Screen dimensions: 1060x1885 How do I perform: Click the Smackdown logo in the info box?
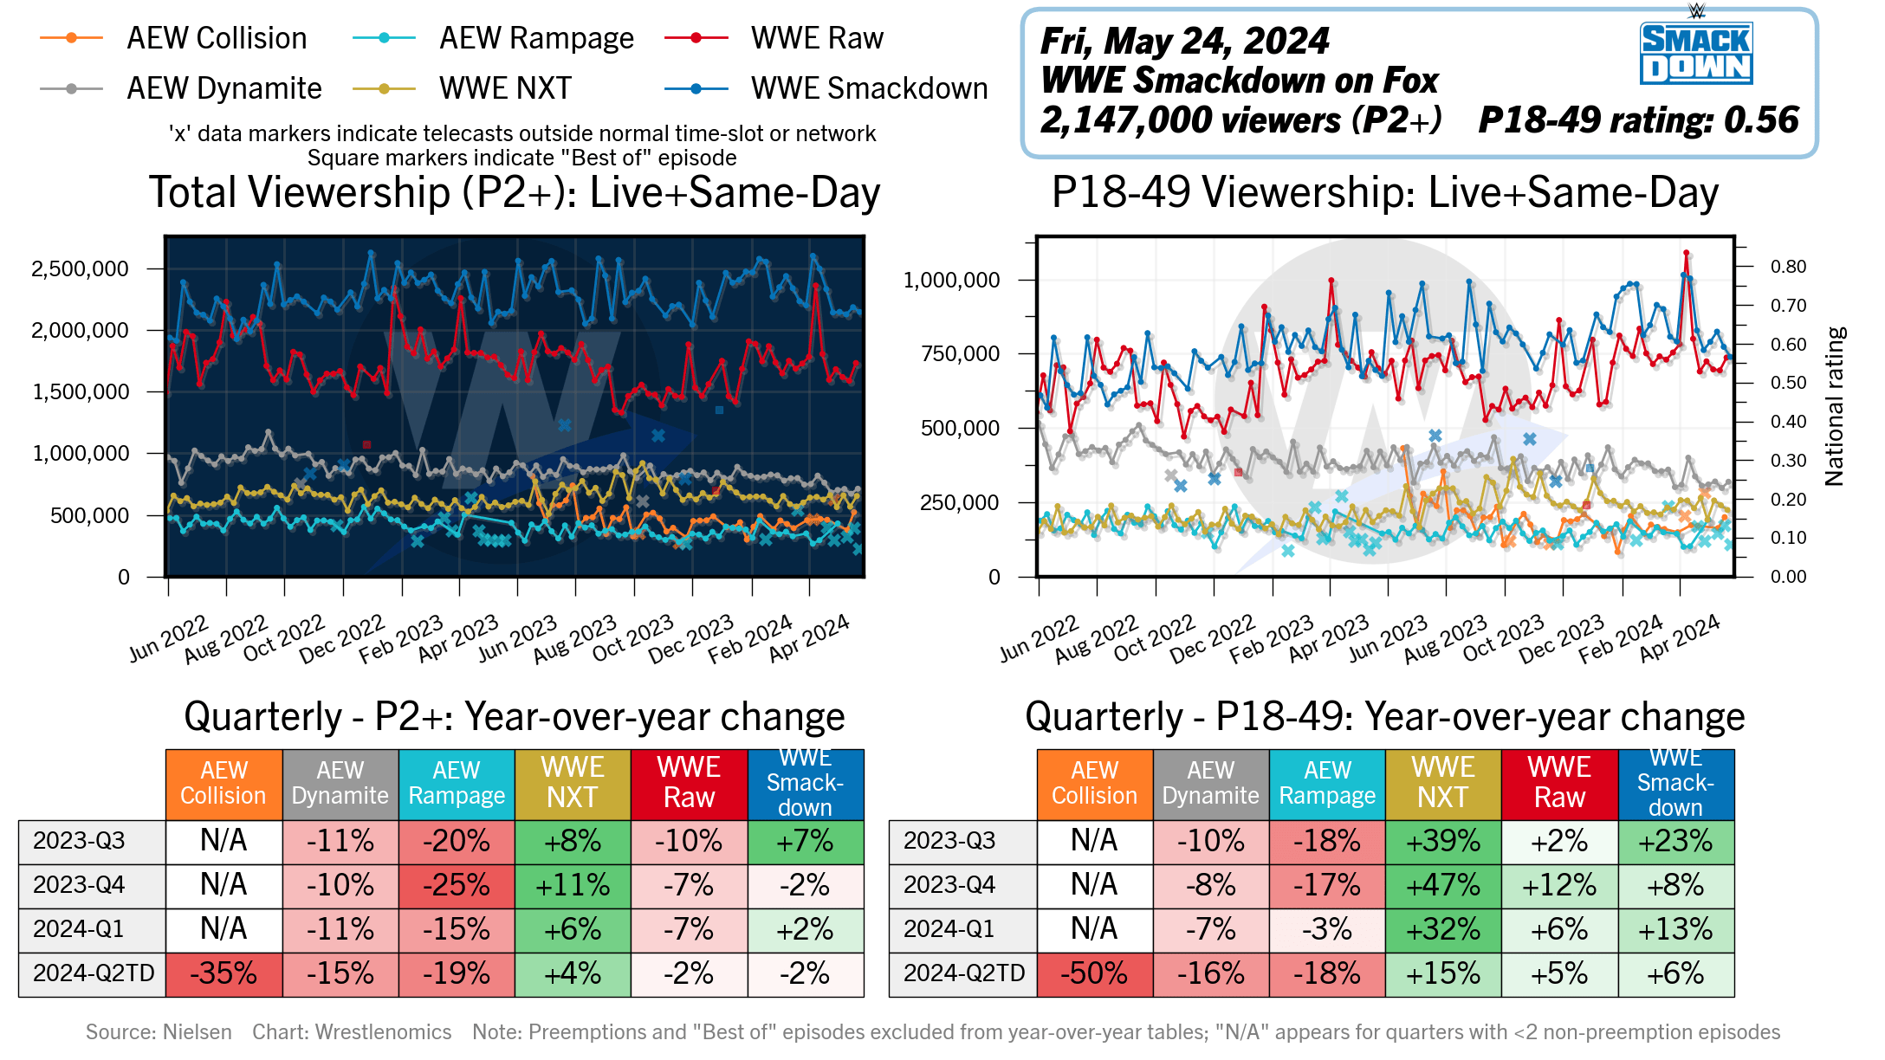pos(1695,52)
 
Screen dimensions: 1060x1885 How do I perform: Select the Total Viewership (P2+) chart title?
pos(515,192)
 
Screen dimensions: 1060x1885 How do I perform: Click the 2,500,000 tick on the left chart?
pos(80,268)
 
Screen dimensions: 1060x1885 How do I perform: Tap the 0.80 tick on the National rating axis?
pos(1788,267)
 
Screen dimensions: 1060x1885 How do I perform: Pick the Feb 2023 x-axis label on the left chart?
pos(402,638)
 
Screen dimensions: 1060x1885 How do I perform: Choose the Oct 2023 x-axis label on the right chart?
pos(1504,638)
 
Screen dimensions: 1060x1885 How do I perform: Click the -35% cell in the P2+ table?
pos(223,973)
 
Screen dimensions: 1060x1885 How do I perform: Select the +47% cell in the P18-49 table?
pos(1443,885)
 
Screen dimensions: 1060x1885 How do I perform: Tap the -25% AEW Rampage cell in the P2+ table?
pos(457,885)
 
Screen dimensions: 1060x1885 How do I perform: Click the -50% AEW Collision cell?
pos(1094,973)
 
